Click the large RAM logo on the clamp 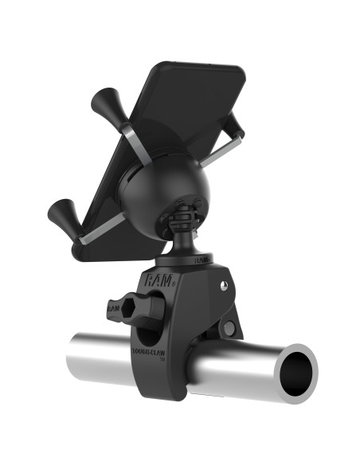coord(156,279)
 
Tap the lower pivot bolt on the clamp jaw coord(229,327)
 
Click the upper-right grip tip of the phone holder coord(233,121)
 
